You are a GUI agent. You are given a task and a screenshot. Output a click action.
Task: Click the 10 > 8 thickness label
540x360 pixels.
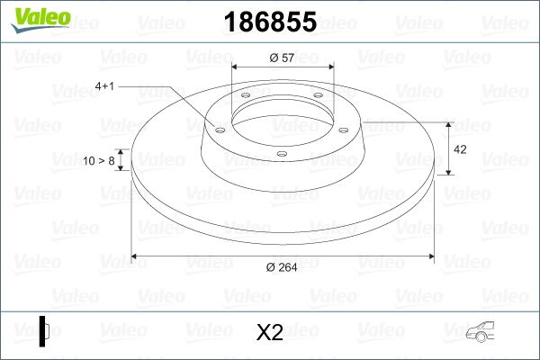99,160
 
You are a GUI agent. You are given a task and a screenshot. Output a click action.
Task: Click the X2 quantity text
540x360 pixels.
270,333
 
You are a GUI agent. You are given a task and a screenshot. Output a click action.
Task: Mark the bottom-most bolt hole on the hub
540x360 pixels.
281,154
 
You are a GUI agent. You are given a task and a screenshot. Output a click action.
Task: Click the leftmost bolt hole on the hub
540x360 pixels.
217,128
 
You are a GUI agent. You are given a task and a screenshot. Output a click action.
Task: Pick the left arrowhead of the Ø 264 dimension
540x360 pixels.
136,256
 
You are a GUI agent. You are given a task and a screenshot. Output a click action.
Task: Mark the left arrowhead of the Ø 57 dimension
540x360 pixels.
237,67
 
